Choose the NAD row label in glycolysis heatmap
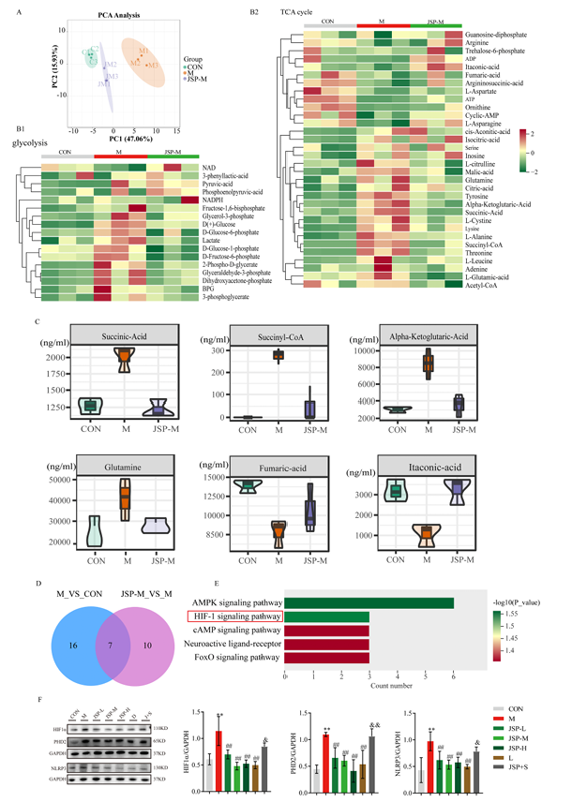(206, 165)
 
